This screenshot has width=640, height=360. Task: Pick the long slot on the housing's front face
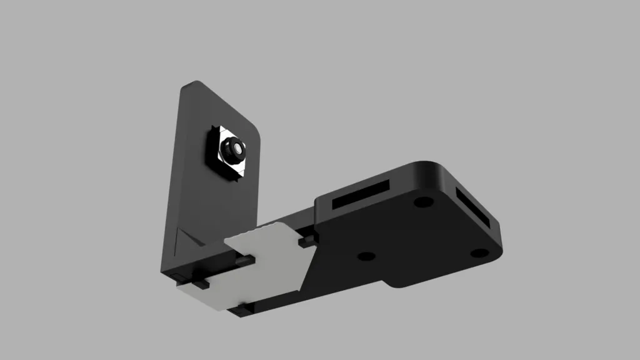tap(361, 195)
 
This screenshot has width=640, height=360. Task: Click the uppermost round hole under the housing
tap(423, 202)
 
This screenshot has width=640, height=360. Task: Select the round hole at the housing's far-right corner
tap(479, 253)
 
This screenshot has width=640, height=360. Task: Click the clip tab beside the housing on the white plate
tap(307, 240)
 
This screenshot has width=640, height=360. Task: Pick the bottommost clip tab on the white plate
tap(244, 307)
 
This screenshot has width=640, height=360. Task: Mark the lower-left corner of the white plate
tap(181, 289)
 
